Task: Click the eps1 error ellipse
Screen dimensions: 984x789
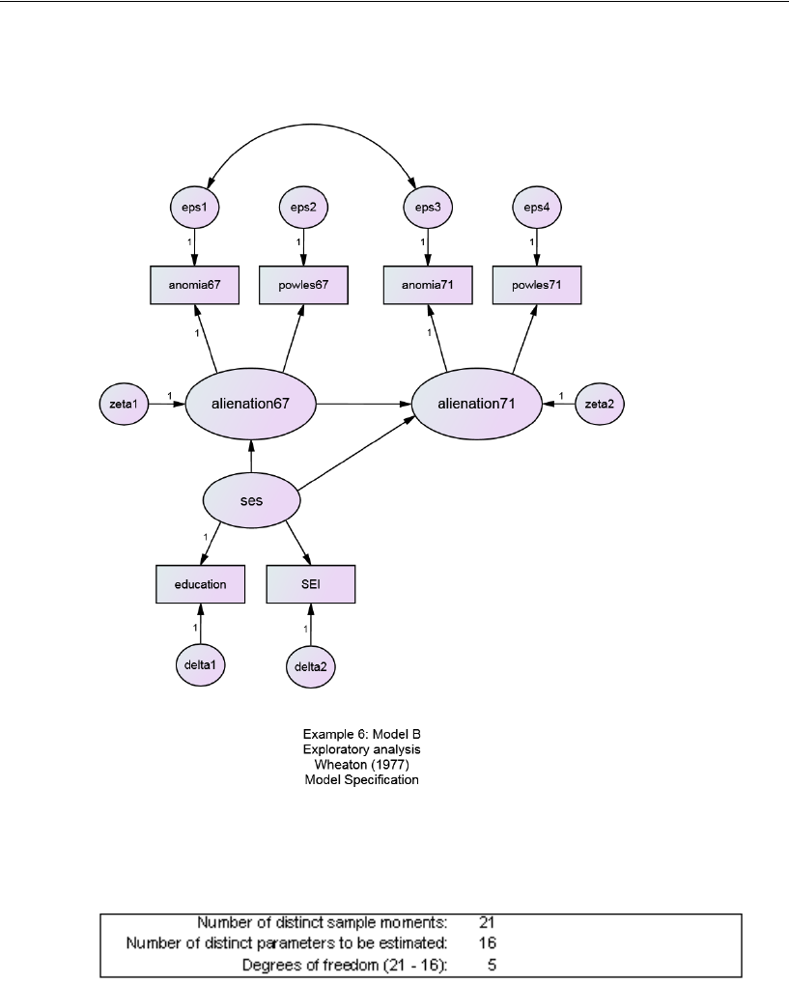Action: tap(196, 206)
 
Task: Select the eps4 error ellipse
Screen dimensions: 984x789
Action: tap(537, 206)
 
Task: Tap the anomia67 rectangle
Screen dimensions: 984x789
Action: tap(196, 285)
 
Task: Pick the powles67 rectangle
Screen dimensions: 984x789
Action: tap(304, 285)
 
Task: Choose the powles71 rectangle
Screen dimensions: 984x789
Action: tap(537, 285)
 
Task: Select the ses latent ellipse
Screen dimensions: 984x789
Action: tap(251, 501)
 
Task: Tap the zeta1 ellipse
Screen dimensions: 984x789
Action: tap(125, 404)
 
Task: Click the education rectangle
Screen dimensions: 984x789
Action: tap(201, 584)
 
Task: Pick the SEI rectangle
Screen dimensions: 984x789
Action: tap(311, 584)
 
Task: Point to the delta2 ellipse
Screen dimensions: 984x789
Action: tap(311, 665)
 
